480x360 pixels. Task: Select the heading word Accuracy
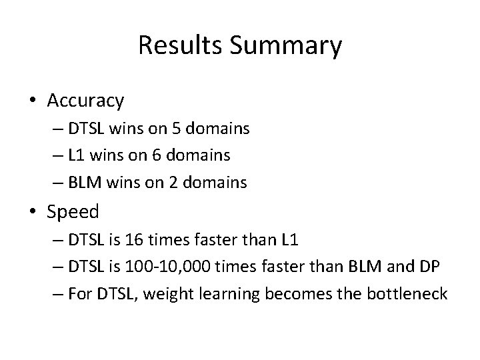pos(85,101)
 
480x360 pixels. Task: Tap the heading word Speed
pos(73,212)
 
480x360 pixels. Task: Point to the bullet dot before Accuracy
pos(33,101)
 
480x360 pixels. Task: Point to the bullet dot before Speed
pos(33,213)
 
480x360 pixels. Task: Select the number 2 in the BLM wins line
pos(173,182)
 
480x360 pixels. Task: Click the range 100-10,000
pos(171,267)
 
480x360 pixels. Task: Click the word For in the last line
pos(79,293)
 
